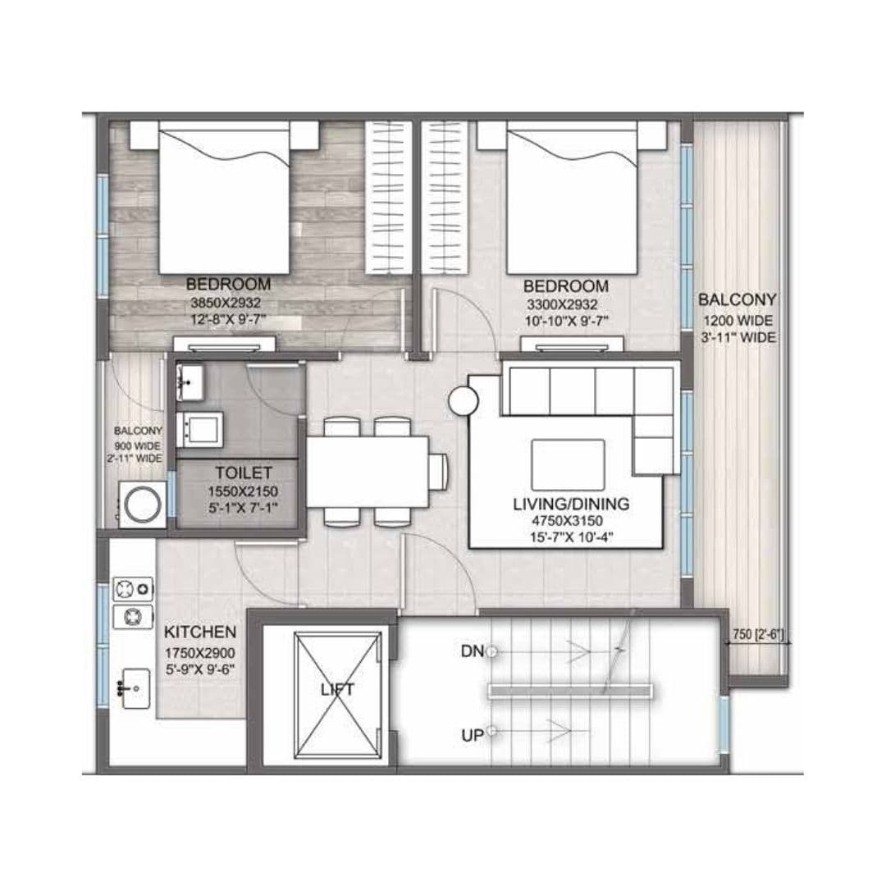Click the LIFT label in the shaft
pos(337,689)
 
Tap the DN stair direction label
pos(472,651)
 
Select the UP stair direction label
pos(472,735)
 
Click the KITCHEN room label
pos(201,633)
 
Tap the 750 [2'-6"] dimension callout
pos(759,633)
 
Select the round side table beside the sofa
pos(463,402)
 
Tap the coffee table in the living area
pos(568,464)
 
